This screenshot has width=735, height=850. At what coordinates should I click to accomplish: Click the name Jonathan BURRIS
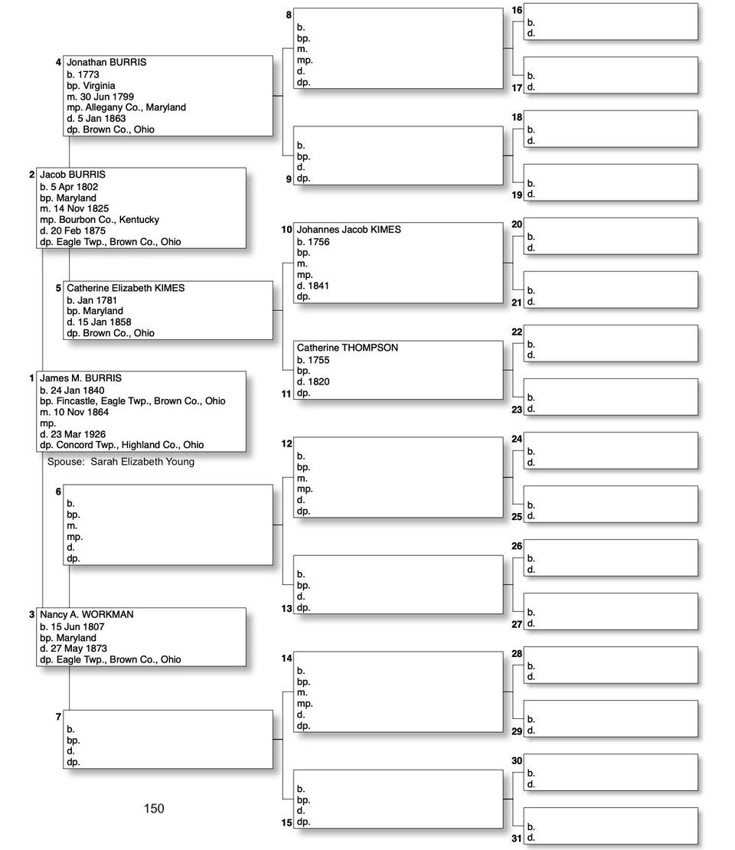point(106,63)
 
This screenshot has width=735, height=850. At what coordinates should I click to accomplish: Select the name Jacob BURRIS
point(73,175)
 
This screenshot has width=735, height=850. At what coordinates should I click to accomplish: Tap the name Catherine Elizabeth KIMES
point(126,289)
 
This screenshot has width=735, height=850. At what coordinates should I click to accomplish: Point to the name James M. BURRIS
point(80,378)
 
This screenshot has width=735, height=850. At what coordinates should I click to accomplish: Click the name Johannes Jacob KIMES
point(348,230)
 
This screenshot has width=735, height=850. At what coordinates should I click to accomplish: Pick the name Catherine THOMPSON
point(348,348)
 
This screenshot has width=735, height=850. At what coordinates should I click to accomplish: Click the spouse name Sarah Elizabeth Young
point(142,462)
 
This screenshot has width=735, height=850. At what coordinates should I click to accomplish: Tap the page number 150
point(154,808)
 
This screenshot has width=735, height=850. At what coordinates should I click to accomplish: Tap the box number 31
point(517,839)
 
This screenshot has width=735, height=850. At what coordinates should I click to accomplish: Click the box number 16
point(517,10)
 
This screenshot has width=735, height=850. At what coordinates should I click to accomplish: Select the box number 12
point(287,443)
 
